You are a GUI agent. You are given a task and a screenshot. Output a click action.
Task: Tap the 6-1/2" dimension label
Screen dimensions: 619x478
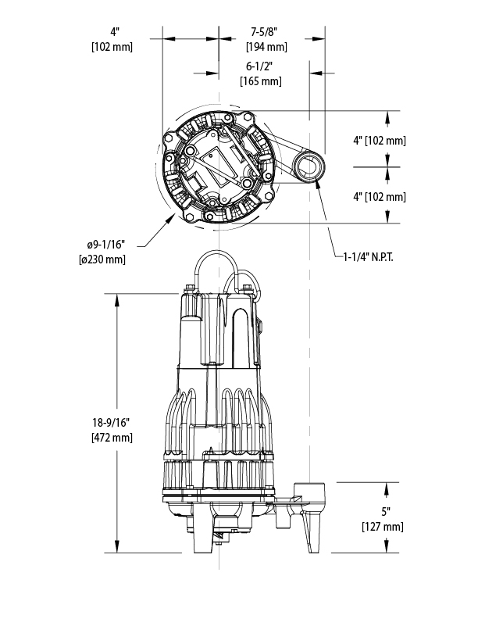tap(260, 67)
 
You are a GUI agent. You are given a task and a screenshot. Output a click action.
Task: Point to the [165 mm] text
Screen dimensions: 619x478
tap(260, 81)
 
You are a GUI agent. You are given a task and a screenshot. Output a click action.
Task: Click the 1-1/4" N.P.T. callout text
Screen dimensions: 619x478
tap(368, 256)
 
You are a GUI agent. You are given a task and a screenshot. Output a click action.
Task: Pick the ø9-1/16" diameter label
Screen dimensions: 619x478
tap(102, 245)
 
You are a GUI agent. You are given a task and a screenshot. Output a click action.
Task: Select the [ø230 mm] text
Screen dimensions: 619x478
tap(102, 259)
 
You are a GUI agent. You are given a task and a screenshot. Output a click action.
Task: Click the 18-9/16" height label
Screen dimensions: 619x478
tap(111, 423)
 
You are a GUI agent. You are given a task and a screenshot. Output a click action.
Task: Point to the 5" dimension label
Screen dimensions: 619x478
tap(382, 513)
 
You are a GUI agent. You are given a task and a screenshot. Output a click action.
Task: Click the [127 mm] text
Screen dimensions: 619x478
tap(382, 527)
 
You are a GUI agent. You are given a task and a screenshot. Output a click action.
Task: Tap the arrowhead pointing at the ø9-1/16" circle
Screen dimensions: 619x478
tap(174, 220)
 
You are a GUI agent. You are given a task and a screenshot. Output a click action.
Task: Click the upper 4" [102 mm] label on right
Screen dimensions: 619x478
tap(380, 141)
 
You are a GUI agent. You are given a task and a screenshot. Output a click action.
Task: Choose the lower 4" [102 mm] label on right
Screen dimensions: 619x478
tap(380, 197)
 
